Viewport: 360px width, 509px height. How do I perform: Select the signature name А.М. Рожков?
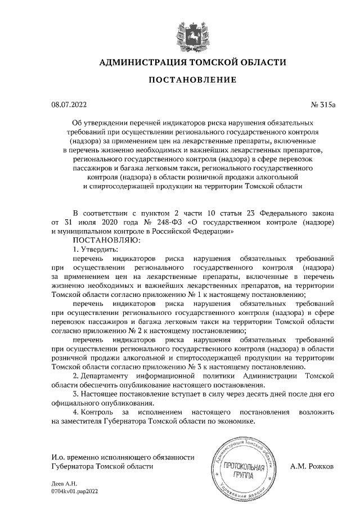(312, 466)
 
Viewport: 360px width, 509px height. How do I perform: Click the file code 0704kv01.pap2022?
(74, 491)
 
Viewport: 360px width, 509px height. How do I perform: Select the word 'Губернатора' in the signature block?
(73, 466)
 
